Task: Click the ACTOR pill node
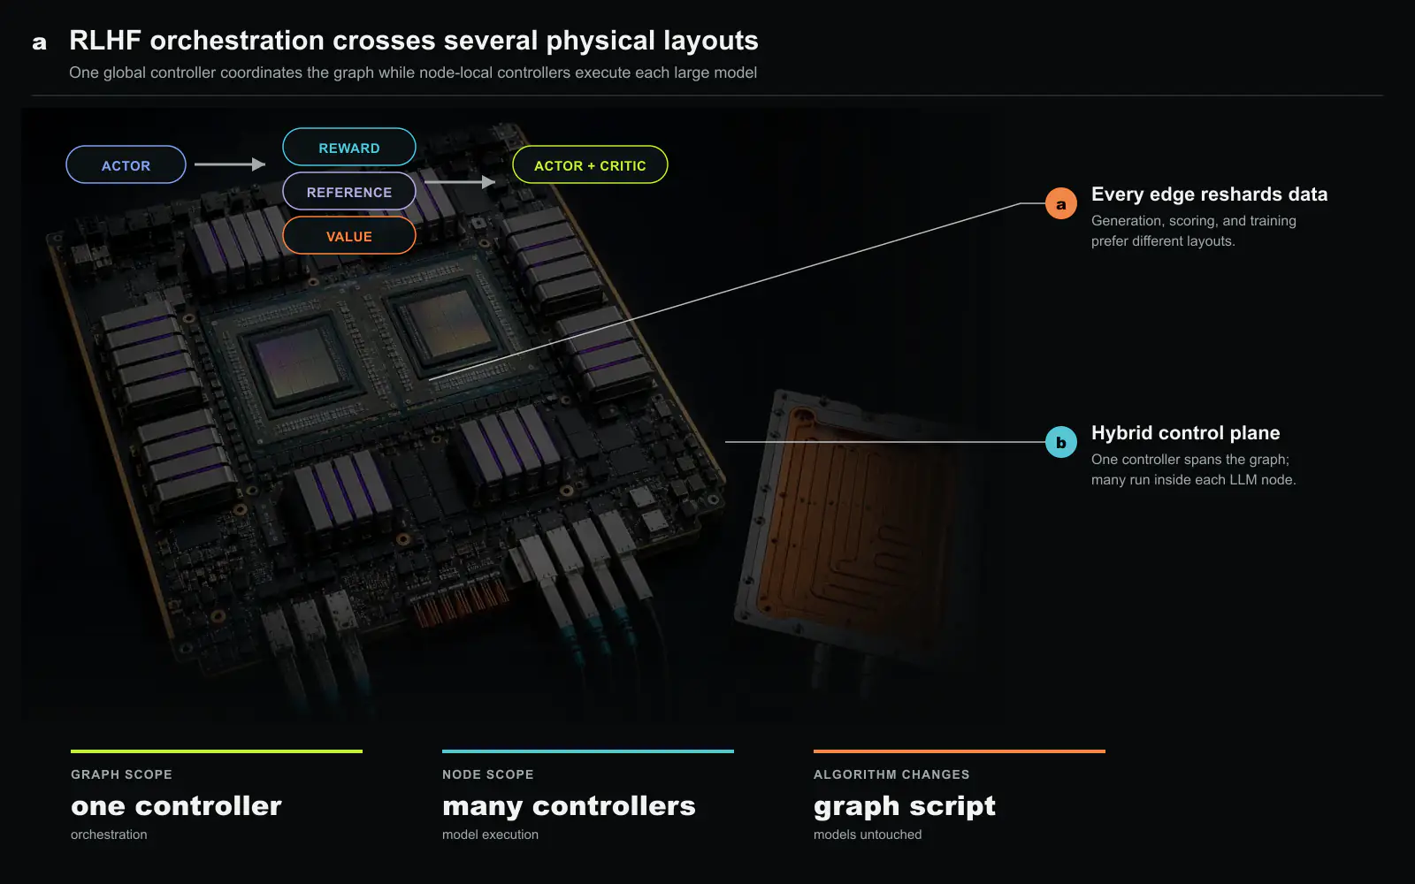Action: (x=126, y=164)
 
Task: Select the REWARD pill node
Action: (x=348, y=147)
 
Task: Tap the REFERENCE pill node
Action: (x=348, y=191)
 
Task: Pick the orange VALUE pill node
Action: (x=348, y=235)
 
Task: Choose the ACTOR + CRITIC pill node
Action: (x=590, y=164)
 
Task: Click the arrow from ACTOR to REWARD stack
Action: (x=230, y=164)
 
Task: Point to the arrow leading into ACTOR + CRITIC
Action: (x=460, y=182)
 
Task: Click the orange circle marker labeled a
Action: (x=1061, y=203)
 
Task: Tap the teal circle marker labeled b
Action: (x=1061, y=442)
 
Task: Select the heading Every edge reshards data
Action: (x=1209, y=194)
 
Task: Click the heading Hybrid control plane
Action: (x=1186, y=433)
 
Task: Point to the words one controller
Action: (x=176, y=806)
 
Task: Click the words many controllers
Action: (x=569, y=806)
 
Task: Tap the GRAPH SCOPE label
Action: (x=121, y=774)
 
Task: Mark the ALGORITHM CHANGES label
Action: (x=891, y=774)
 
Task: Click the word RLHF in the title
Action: (x=105, y=41)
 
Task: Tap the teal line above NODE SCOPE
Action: (x=587, y=751)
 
